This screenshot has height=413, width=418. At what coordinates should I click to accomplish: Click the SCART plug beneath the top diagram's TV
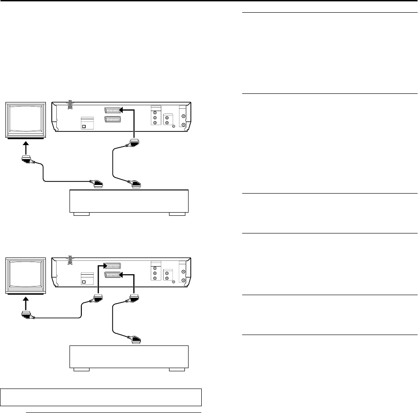(x=25, y=160)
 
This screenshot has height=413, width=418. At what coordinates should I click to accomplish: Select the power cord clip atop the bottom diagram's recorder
(x=70, y=260)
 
